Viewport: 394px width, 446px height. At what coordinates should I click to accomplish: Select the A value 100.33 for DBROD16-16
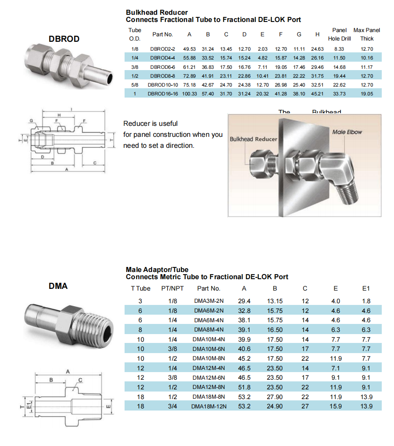click(190, 94)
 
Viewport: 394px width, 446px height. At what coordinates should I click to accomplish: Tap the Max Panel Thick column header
click(367, 34)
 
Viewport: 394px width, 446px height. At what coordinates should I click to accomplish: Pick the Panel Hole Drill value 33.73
click(339, 94)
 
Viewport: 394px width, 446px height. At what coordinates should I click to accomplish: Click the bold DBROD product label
click(64, 39)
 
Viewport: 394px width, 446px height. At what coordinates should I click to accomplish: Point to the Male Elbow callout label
click(347, 132)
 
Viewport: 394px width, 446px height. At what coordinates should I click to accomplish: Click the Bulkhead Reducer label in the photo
click(253, 139)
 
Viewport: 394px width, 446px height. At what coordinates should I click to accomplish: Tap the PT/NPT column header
click(173, 288)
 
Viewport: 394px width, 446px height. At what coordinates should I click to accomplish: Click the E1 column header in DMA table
click(366, 288)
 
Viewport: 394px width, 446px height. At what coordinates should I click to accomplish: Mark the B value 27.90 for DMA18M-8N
click(275, 397)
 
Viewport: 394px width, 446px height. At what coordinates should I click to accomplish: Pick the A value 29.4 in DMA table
click(244, 301)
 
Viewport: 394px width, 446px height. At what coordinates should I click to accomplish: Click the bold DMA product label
click(58, 286)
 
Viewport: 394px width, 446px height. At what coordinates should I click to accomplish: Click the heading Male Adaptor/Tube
click(157, 269)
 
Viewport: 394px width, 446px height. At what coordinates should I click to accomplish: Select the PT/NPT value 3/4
click(173, 406)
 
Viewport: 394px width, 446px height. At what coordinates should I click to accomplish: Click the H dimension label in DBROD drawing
click(59, 115)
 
